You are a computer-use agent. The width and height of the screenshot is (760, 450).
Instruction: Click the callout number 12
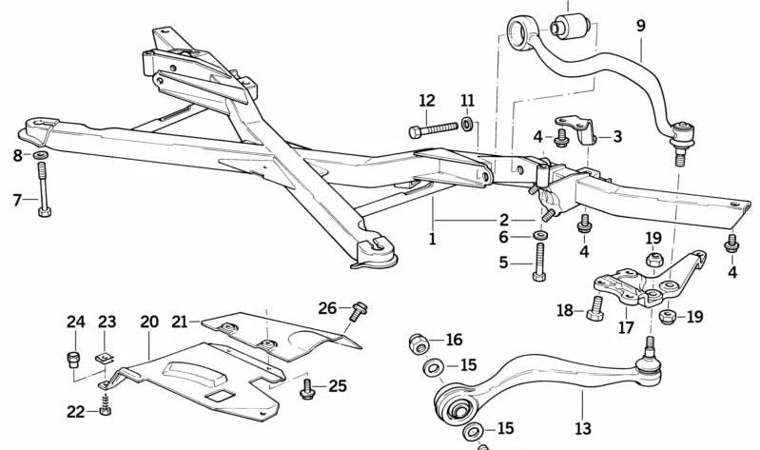[x=426, y=100]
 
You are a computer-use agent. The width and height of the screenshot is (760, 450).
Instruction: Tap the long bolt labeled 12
[x=434, y=129]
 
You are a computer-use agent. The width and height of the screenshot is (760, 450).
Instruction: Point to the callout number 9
[x=640, y=27]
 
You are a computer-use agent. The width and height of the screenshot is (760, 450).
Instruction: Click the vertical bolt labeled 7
[x=43, y=189]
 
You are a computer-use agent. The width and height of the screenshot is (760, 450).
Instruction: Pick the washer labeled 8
[x=43, y=155]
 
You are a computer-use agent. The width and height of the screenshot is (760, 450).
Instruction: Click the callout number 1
[x=432, y=238]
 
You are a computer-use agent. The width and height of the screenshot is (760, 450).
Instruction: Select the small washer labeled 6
[x=540, y=236]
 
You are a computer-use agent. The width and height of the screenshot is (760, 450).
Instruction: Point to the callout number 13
[x=582, y=429]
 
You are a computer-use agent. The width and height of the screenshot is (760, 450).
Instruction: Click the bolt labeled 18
[x=596, y=309]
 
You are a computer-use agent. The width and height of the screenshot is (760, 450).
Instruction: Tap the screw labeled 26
[x=359, y=310]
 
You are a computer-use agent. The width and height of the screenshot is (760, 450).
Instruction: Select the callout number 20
[x=149, y=322]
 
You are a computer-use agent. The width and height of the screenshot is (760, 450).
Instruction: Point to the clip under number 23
[x=107, y=357]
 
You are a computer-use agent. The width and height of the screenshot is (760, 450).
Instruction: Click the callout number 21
[x=181, y=322]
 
